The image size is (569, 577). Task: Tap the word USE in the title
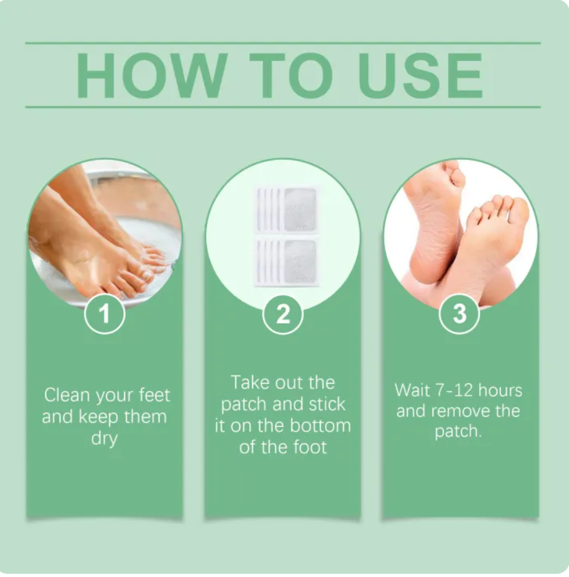coord(421,76)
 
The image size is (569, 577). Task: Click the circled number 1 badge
coord(104,314)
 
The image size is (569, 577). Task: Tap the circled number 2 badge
coord(283,314)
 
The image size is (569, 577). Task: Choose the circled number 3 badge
coord(459,314)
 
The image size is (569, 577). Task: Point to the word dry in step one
coord(104,439)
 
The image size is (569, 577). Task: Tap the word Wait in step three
coord(412,390)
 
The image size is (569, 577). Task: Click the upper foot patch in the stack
coord(286,210)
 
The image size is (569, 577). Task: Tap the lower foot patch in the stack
coord(286,261)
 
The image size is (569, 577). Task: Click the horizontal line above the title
coord(283,43)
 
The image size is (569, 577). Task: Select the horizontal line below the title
coord(283,107)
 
